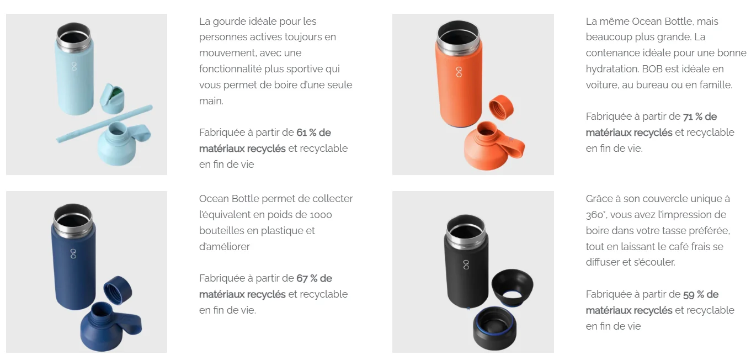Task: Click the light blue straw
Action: tap(104, 124)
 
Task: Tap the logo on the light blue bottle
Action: tap(74, 66)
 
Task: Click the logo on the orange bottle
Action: tap(459, 72)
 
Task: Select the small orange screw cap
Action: tap(501, 107)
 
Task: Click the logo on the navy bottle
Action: tap(73, 253)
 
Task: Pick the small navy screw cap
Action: tap(118, 290)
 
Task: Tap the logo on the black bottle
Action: tap(466, 264)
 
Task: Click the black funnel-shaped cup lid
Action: tap(512, 288)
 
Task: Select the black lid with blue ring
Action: tap(495, 329)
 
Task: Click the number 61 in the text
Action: tap(302, 133)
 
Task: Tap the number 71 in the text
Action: tap(688, 117)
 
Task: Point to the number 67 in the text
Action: tap(302, 278)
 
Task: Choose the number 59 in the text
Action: tap(689, 294)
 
